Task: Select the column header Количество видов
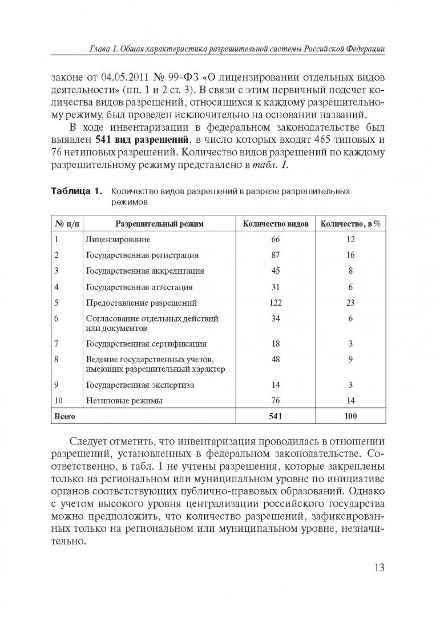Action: coord(276,224)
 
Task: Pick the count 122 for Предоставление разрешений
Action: coord(276,303)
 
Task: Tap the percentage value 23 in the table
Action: coord(351,303)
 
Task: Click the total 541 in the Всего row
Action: coord(276,416)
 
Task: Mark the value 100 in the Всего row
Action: coord(351,416)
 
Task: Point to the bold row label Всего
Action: coord(64,416)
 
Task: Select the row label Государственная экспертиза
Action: coord(140,385)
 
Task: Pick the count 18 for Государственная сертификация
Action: coord(276,343)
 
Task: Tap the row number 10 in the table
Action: coord(59,401)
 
